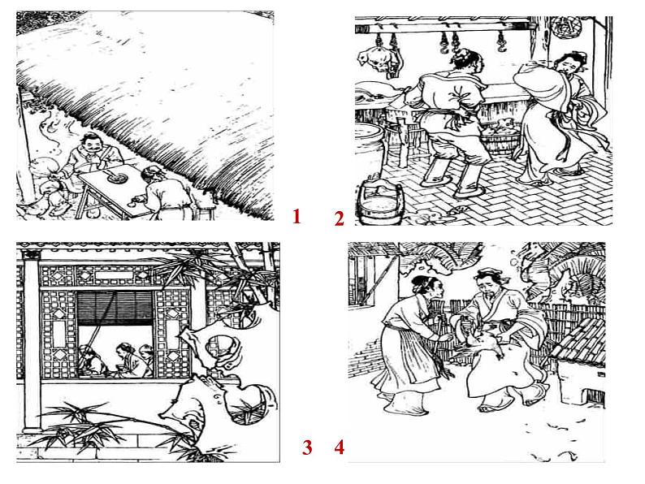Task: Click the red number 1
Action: coord(297,216)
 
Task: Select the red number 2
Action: coord(339,218)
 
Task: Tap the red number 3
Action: coord(307,447)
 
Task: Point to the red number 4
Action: coord(339,447)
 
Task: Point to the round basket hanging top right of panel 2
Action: coord(563,27)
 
